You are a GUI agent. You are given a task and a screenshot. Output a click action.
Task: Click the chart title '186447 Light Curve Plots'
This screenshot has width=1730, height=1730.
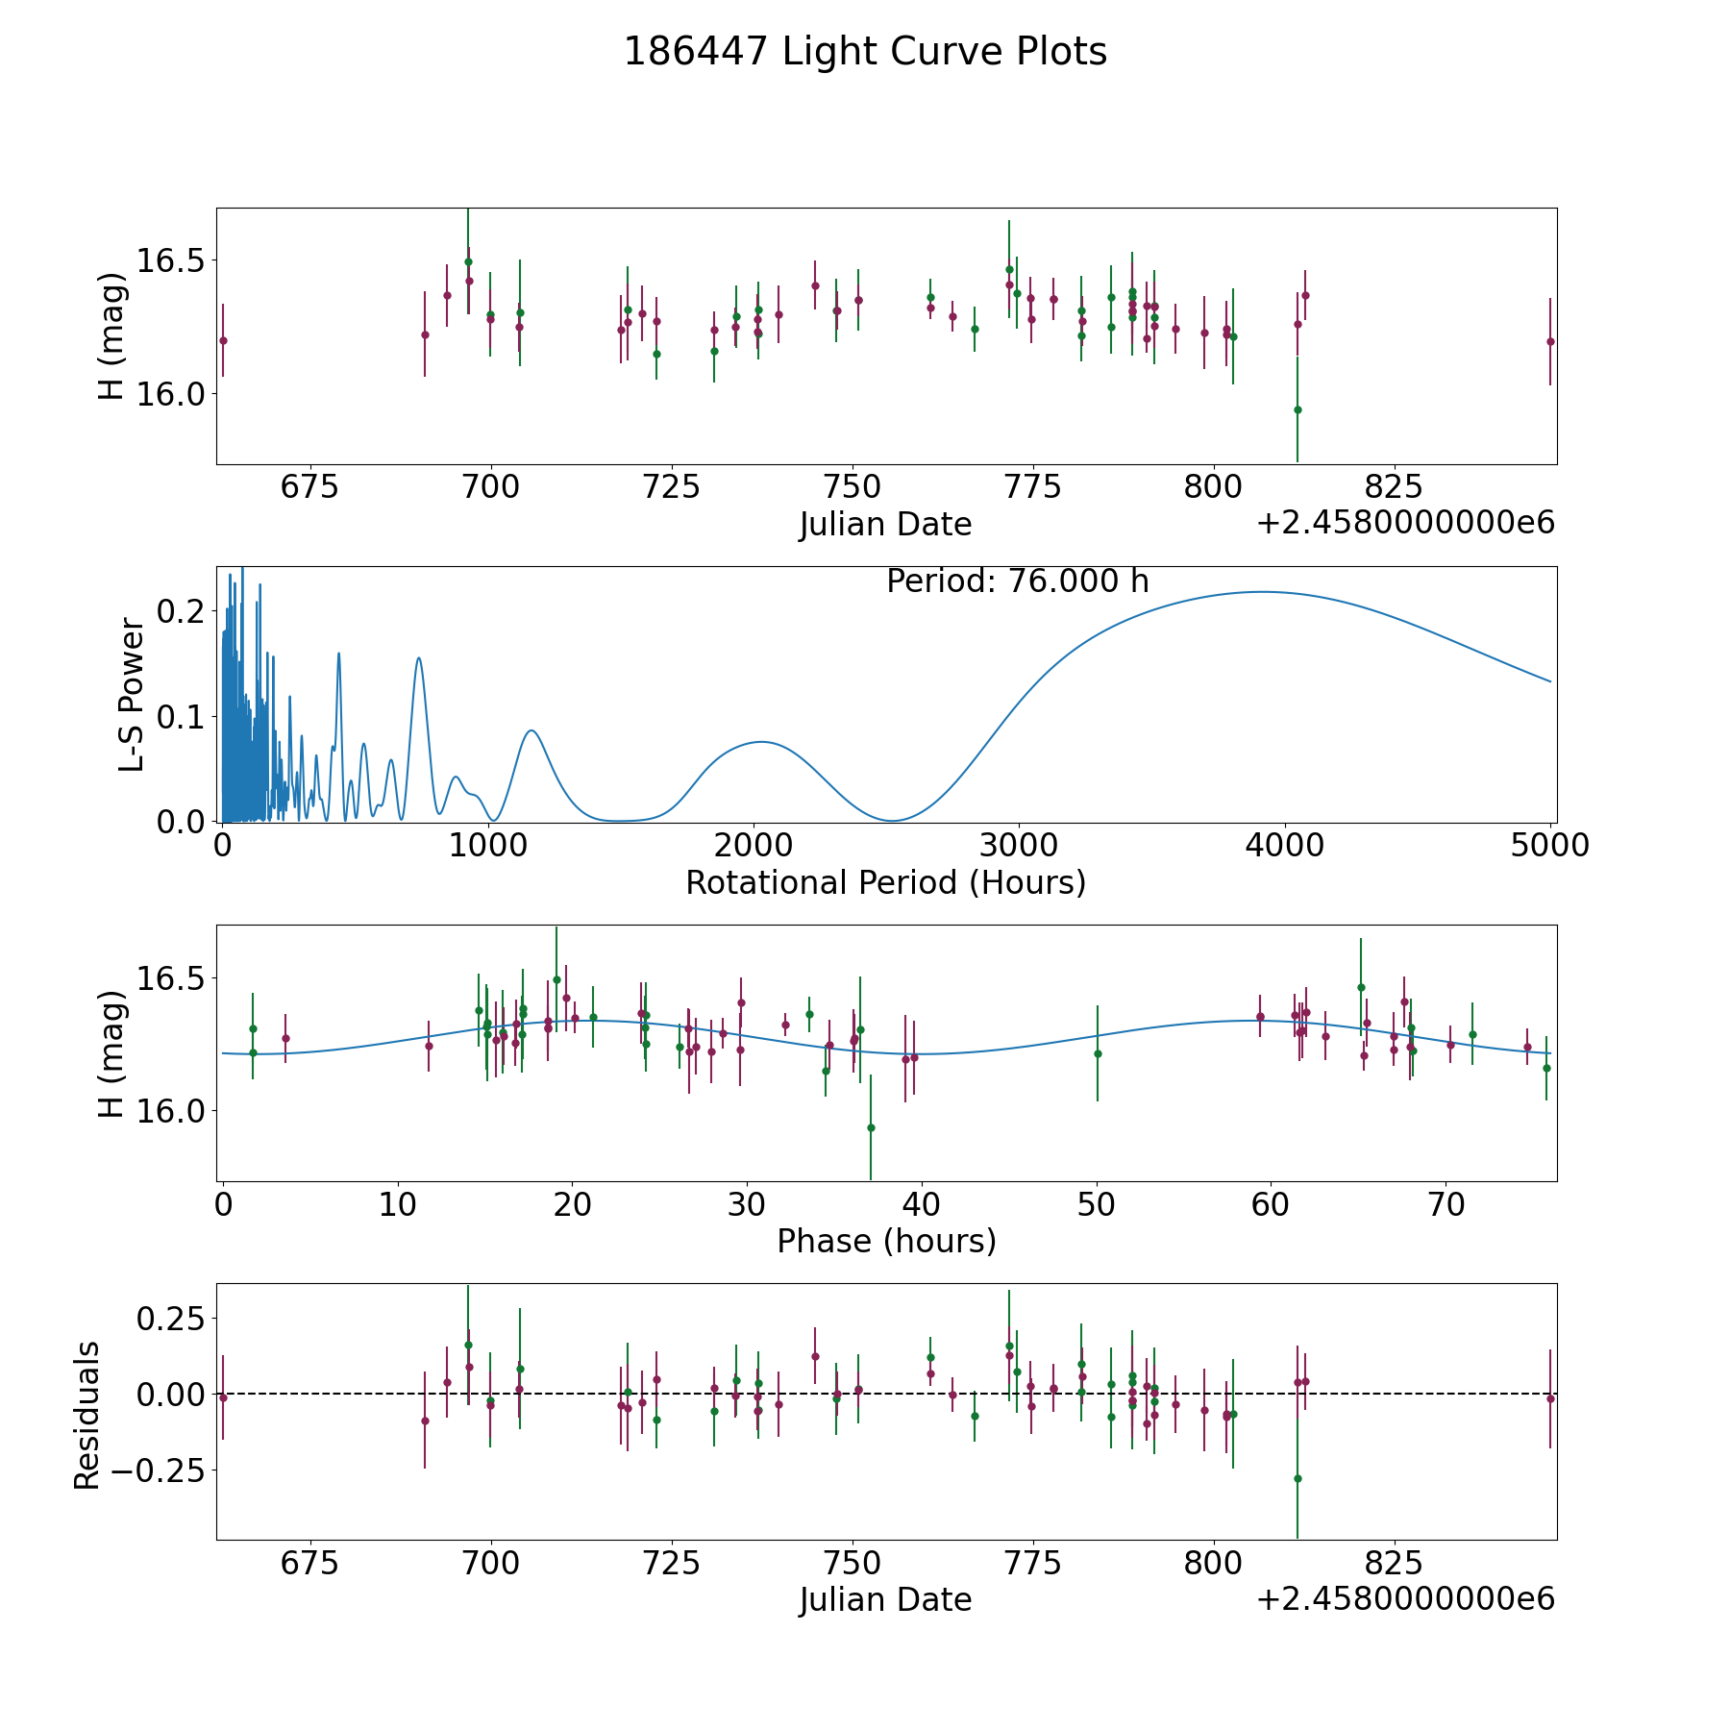865,52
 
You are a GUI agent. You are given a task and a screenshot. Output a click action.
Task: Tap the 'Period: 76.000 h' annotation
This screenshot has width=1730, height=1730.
1017,581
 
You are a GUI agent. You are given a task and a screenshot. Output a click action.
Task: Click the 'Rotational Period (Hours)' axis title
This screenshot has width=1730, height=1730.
885,882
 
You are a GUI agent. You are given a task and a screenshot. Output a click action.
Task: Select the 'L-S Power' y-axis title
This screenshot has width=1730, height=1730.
132,694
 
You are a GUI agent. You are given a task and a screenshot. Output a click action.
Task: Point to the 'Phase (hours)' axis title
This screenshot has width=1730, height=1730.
886,1241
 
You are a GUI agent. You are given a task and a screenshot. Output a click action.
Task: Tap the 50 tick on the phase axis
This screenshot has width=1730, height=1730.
1097,1204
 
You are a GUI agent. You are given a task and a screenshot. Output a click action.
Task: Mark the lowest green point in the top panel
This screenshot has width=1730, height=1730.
1297,409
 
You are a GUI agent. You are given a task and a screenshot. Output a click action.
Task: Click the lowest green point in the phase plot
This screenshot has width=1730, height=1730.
871,1127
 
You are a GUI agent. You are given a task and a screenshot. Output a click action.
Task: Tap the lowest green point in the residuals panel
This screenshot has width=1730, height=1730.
1297,1478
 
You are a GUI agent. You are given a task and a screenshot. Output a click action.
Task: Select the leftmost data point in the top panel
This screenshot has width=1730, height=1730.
223,340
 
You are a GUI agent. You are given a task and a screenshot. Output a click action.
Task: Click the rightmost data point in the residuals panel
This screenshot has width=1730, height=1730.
1550,1398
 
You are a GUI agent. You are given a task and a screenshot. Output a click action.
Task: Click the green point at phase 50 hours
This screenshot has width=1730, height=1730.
1098,1053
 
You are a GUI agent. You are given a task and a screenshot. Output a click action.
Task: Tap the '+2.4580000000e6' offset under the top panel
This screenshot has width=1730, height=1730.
1405,524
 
